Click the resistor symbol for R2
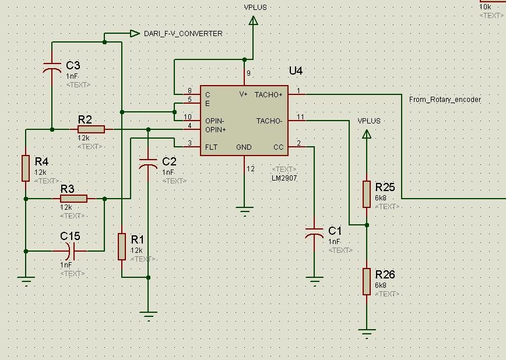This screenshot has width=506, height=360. [x=91, y=129]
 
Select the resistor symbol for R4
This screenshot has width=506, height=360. [x=26, y=168]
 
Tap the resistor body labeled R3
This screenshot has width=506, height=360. [x=73, y=199]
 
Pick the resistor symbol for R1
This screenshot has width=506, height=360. [x=121, y=246]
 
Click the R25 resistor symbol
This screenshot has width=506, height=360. [x=367, y=194]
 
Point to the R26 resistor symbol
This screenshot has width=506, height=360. [x=367, y=281]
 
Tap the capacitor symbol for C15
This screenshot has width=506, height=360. [x=70, y=251]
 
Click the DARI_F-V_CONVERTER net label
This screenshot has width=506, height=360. [x=182, y=34]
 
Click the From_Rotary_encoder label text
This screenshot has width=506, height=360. [x=445, y=100]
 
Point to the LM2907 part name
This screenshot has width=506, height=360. [x=284, y=178]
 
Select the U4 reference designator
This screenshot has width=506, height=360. [x=296, y=71]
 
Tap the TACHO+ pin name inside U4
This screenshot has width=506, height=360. [x=268, y=94]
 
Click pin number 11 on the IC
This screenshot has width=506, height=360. [x=300, y=118]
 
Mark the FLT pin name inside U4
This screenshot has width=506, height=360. [x=211, y=147]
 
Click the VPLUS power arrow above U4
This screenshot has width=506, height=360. [x=253, y=21]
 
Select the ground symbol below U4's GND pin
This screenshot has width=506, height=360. [x=244, y=210]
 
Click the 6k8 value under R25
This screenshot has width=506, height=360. [x=381, y=198]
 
